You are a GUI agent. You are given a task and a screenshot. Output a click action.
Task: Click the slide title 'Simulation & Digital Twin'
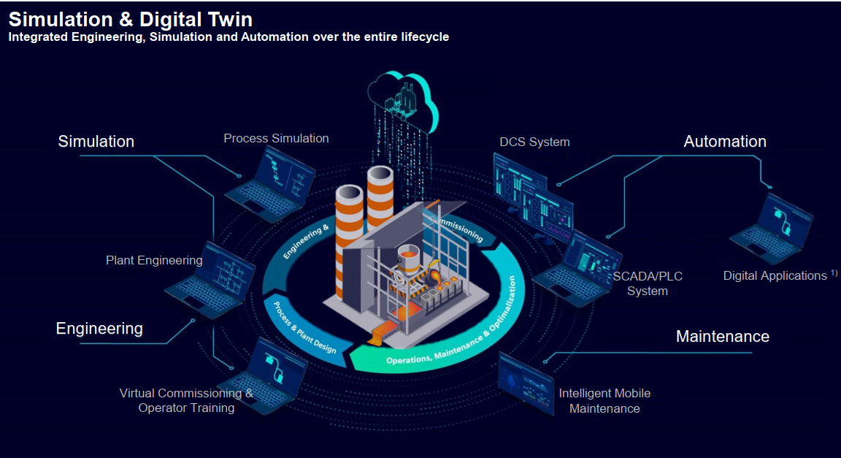click(131, 18)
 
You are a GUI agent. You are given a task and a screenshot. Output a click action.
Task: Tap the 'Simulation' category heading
click(96, 141)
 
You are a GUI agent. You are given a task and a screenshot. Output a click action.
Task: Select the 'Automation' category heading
click(724, 142)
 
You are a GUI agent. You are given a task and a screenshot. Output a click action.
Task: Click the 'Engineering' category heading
click(99, 329)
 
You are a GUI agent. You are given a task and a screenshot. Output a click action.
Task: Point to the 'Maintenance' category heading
click(722, 336)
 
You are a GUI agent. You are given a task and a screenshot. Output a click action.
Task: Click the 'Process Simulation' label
click(276, 138)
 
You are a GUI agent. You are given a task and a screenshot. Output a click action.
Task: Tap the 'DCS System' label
click(534, 142)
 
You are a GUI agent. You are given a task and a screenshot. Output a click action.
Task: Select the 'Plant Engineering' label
click(154, 260)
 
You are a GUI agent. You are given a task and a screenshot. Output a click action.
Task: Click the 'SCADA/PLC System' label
click(648, 283)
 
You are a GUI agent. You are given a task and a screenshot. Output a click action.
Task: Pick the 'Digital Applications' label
click(775, 275)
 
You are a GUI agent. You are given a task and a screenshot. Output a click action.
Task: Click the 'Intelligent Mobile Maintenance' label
click(604, 401)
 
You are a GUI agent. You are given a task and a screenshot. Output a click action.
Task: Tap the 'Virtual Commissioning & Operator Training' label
click(187, 400)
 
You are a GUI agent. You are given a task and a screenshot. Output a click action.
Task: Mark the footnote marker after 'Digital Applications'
click(834, 272)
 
